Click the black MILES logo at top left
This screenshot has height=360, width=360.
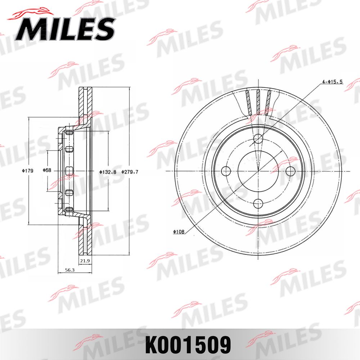65,28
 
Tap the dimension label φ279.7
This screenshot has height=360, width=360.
130,172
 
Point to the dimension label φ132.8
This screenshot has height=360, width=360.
108,172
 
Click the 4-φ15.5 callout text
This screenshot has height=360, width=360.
332,82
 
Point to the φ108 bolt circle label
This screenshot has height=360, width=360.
179,232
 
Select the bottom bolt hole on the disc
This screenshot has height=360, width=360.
258,204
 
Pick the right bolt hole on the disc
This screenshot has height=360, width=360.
290,171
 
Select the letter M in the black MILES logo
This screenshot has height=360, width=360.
28,29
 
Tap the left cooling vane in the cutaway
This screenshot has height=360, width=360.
248,102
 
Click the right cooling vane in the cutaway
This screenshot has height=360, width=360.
268,102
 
